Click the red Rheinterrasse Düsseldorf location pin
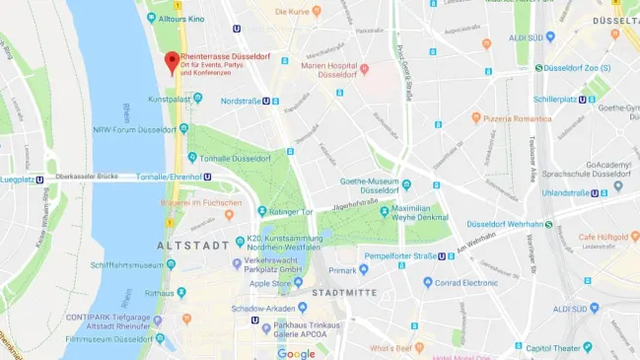pyautogui.click(x=171, y=62)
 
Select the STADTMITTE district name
pyautogui.click(x=340, y=293)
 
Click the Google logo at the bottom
pyautogui.click(x=296, y=353)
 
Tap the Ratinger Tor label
pyautogui.click(x=292, y=210)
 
